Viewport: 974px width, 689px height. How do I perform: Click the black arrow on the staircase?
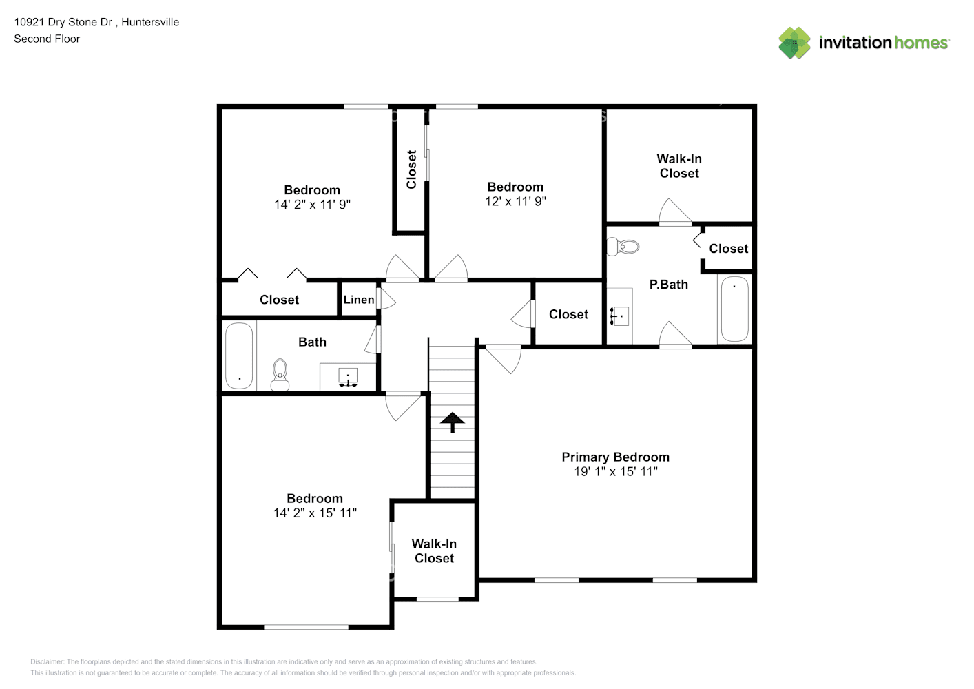pyautogui.click(x=452, y=422)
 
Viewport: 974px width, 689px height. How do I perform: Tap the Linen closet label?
pyautogui.click(x=359, y=300)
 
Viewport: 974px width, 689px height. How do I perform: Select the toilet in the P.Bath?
pyautogui.click(x=623, y=247)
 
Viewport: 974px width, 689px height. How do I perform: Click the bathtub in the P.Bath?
pyautogui.click(x=734, y=309)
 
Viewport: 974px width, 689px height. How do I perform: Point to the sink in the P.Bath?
pyautogui.click(x=620, y=316)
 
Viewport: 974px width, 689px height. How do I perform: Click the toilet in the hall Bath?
pyautogui.click(x=280, y=375)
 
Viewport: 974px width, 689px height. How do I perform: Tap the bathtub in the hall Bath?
pyautogui.click(x=239, y=356)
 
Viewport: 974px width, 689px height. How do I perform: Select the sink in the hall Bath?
pyautogui.click(x=348, y=377)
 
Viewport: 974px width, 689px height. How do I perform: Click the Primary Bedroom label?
pyautogui.click(x=615, y=457)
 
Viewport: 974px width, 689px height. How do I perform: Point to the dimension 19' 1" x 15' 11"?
pyautogui.click(x=616, y=471)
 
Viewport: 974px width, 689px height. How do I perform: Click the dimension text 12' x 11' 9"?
pyautogui.click(x=515, y=201)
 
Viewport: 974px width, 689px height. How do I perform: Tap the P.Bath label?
pyautogui.click(x=668, y=285)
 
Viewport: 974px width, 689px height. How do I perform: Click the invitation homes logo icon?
pyautogui.click(x=794, y=43)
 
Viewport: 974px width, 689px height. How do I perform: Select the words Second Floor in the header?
pyautogui.click(x=47, y=39)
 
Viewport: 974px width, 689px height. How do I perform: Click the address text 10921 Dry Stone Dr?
pyautogui.click(x=63, y=22)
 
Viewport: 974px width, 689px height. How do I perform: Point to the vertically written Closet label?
pyautogui.click(x=411, y=169)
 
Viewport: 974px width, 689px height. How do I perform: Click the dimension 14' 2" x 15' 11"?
pyautogui.click(x=315, y=513)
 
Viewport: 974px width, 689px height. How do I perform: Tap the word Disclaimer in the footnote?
pyautogui.click(x=47, y=661)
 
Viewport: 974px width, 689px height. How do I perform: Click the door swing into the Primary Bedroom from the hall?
pyautogui.click(x=503, y=359)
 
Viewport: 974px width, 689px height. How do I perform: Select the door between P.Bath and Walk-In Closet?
pyautogui.click(x=675, y=212)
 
